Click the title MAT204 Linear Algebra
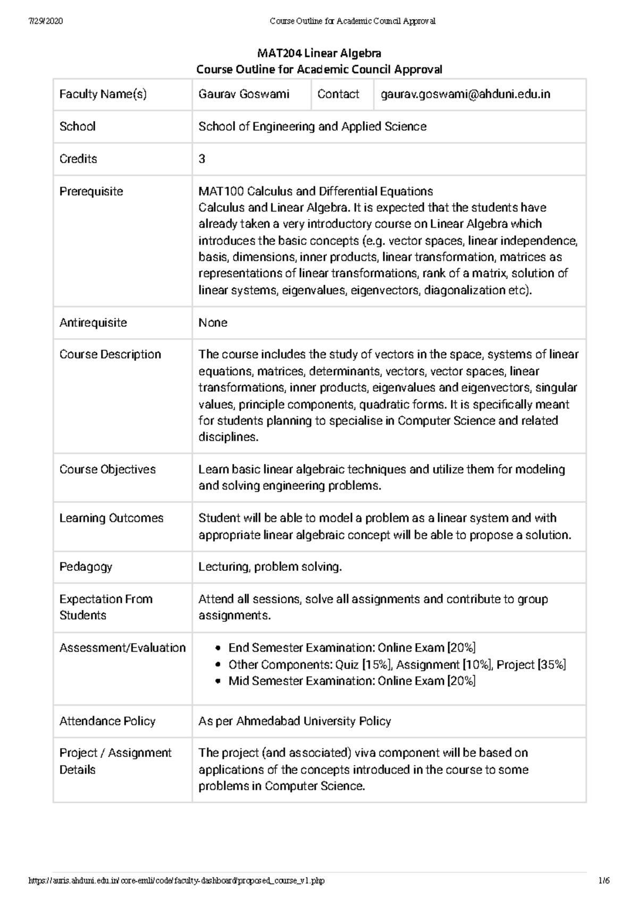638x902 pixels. click(x=319, y=53)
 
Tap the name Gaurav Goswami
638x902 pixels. click(x=244, y=95)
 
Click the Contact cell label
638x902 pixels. click(x=338, y=95)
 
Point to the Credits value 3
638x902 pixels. click(x=202, y=159)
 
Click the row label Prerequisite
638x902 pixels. click(x=91, y=191)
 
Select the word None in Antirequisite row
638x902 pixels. click(x=213, y=323)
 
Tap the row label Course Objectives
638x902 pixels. click(x=107, y=469)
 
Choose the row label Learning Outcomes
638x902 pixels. click(x=111, y=518)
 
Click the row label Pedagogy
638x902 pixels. click(x=86, y=567)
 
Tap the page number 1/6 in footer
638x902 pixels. click(x=603, y=881)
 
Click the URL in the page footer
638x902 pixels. click(x=175, y=881)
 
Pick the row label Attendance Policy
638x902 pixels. click(x=107, y=721)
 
